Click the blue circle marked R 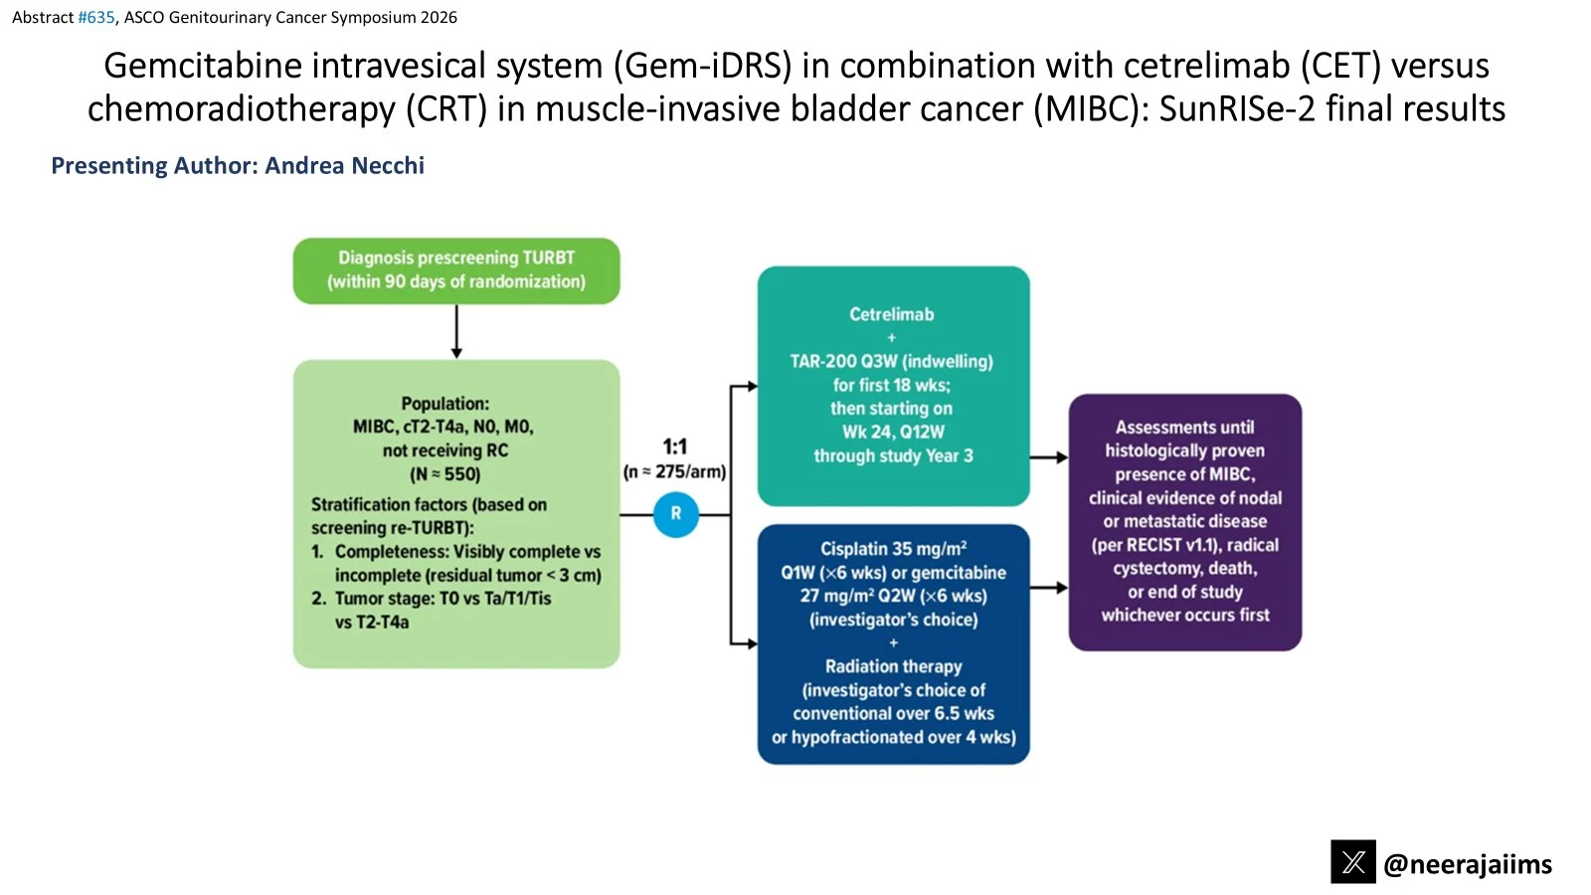coord(675,513)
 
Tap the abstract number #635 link coord(95,17)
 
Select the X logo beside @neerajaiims coord(1353,861)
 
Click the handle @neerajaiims coord(1468,864)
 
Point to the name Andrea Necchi coord(344,165)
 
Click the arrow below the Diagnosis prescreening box coord(456,332)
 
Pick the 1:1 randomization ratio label coord(675,447)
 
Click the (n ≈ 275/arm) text coord(675,471)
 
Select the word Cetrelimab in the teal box coord(891,314)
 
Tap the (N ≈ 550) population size coord(445,473)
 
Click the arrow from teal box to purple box coord(1049,457)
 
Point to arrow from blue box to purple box coord(1049,588)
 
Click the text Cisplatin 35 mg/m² coord(894,548)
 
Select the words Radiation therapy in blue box coord(894,666)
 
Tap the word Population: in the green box coord(445,404)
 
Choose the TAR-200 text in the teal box coord(822,362)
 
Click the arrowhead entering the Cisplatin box coord(752,643)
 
